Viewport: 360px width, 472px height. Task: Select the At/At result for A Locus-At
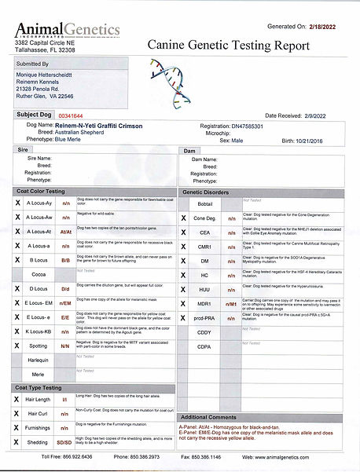(x=66, y=232)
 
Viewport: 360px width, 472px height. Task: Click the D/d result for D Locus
(x=66, y=288)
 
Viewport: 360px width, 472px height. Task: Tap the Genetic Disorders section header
(x=211, y=192)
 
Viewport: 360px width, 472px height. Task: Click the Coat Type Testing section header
(x=43, y=387)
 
